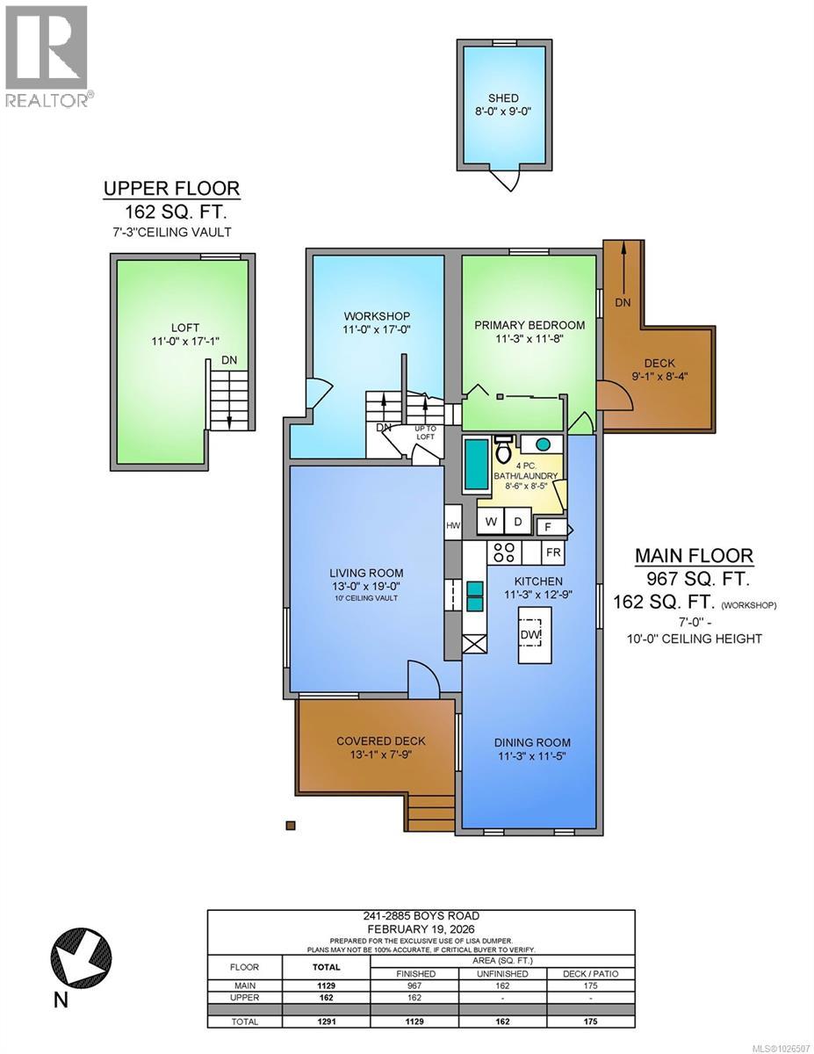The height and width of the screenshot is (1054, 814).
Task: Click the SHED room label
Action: [x=504, y=98]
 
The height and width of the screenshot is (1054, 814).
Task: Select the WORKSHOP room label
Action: [x=378, y=316]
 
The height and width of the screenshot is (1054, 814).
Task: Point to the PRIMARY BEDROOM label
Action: [x=529, y=325]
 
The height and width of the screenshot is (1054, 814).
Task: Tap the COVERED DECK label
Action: [x=376, y=741]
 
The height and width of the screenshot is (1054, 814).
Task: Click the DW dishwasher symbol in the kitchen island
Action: [x=531, y=633]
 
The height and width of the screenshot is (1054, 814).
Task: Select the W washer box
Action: [x=492, y=522]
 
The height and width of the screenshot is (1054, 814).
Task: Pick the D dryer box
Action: [x=518, y=522]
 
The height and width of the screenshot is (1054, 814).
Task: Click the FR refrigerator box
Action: [x=554, y=552]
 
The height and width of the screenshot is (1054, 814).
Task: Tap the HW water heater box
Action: [x=453, y=526]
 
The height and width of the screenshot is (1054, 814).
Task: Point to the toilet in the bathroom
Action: [x=504, y=451]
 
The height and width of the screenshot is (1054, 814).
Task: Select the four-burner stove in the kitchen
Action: [x=505, y=552]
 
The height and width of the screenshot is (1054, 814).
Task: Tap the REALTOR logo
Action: [x=46, y=56]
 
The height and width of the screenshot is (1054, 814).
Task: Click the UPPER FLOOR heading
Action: [x=171, y=188]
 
